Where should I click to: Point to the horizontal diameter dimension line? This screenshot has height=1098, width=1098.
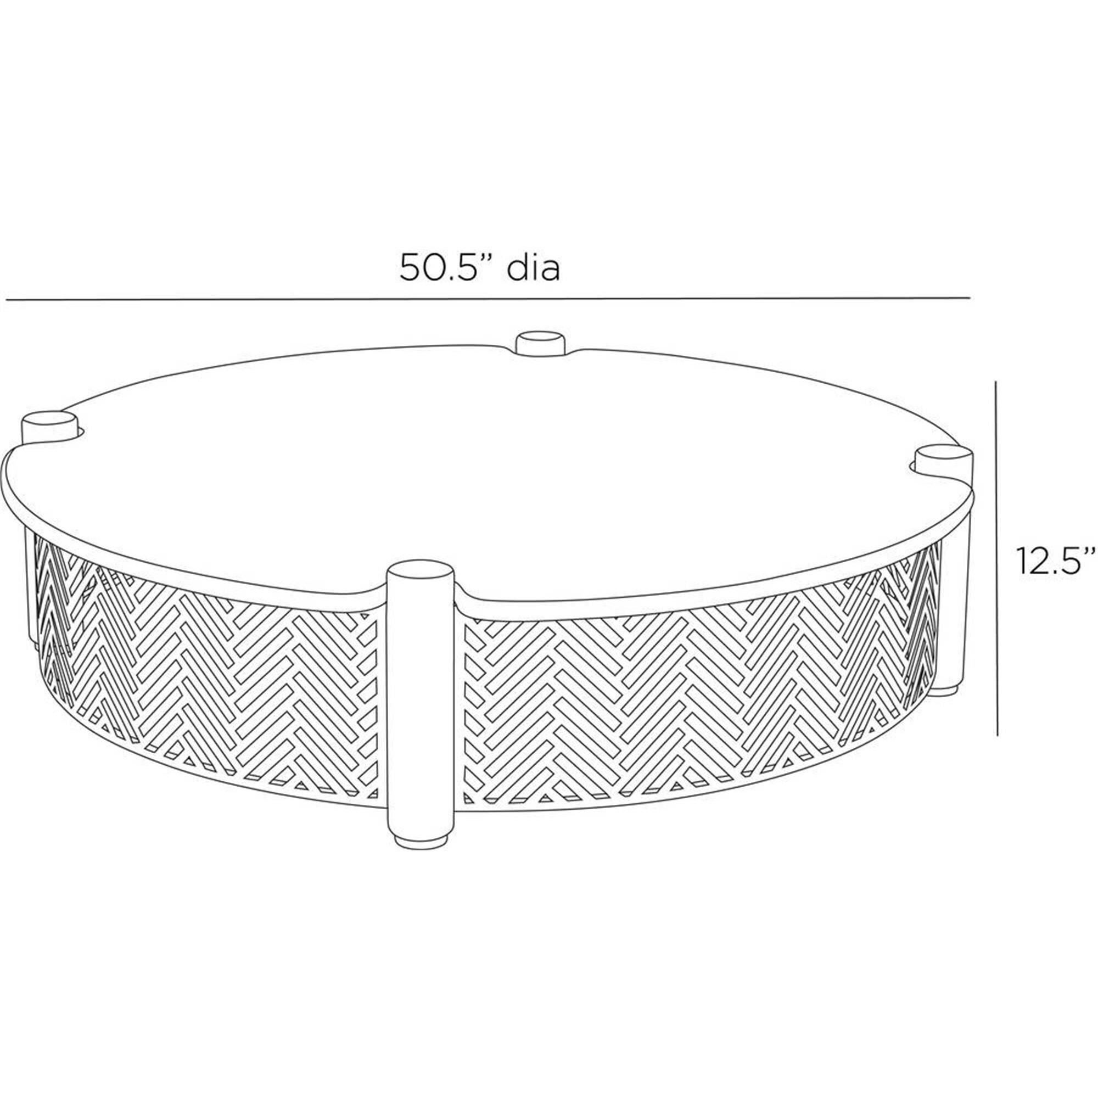tap(487, 298)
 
